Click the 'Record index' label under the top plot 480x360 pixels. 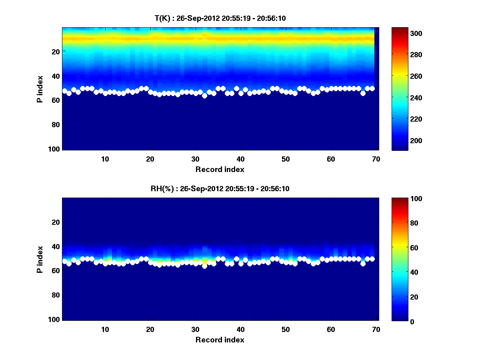(x=220, y=169)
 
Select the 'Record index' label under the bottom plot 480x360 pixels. (x=220, y=340)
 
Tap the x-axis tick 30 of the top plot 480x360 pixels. (x=195, y=159)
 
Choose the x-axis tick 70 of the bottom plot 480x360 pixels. (x=376, y=329)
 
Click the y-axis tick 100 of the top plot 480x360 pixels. (x=54, y=149)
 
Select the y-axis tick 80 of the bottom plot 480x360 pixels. (x=56, y=295)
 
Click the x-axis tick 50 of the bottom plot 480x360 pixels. (x=286, y=329)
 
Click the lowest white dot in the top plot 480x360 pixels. (x=204, y=96)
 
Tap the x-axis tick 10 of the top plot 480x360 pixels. (x=105, y=159)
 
